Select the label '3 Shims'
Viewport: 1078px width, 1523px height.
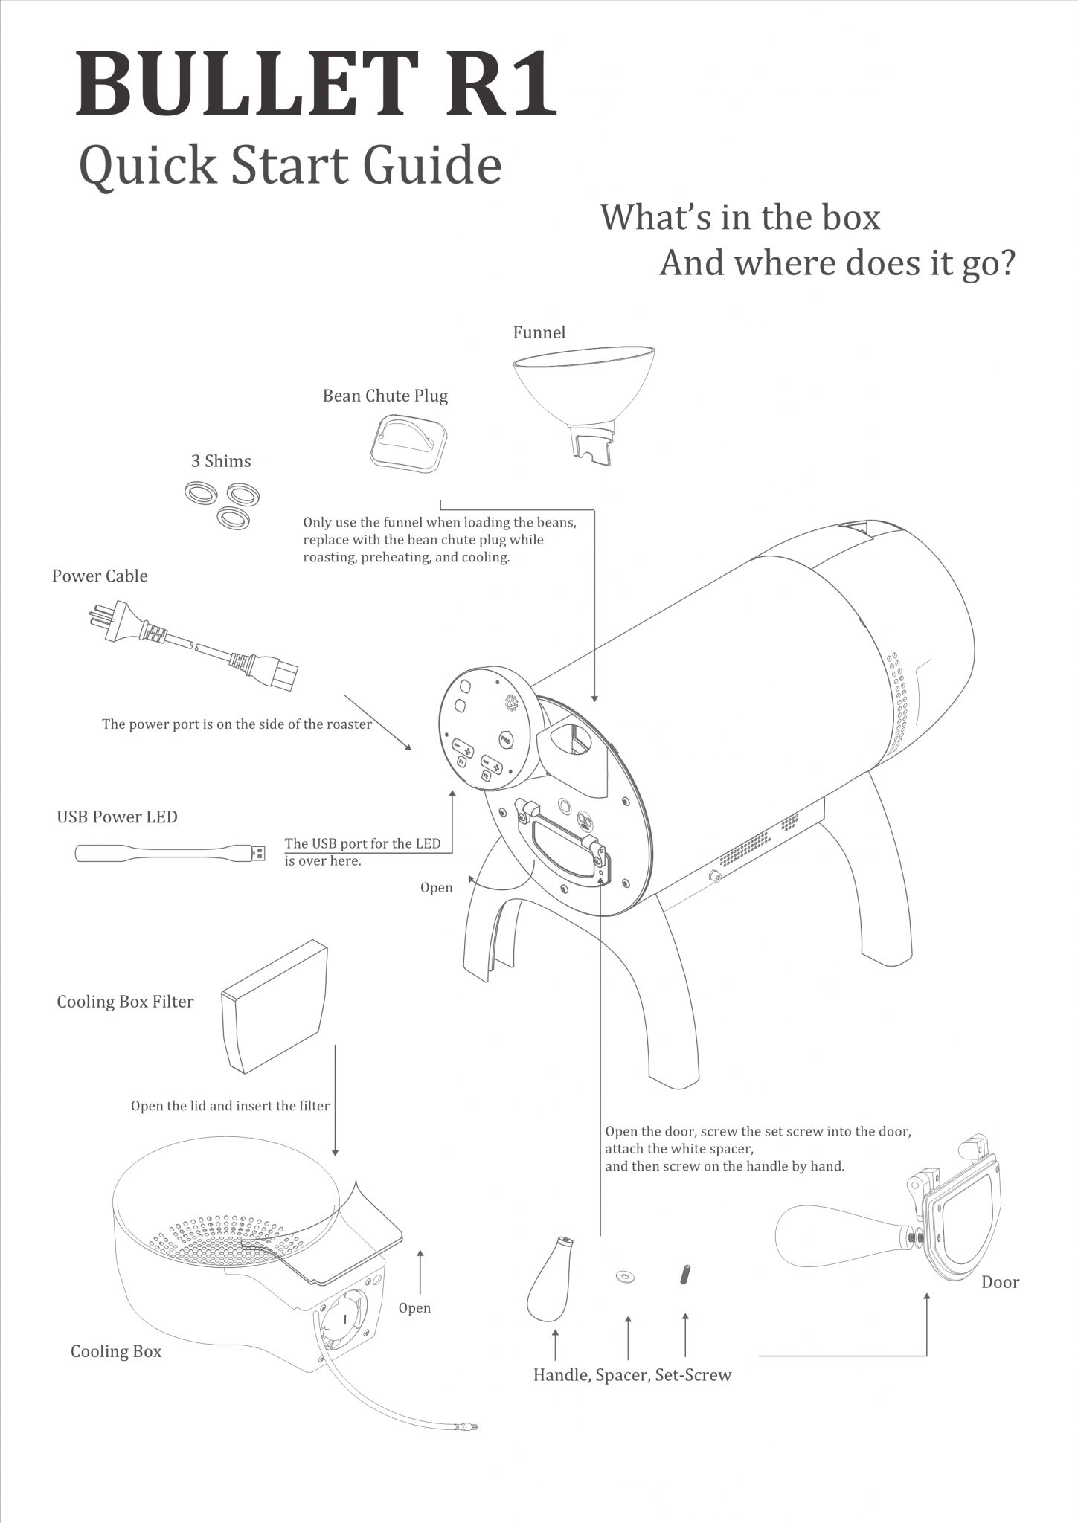(x=221, y=461)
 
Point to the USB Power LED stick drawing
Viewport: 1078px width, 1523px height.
(x=170, y=853)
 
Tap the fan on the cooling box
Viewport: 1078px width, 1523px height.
(x=344, y=1317)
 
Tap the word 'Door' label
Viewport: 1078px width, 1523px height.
(x=1000, y=1282)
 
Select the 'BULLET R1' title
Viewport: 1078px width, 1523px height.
(x=316, y=85)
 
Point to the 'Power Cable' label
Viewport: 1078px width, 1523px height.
(x=100, y=576)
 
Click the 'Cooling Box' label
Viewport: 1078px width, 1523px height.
(x=116, y=1351)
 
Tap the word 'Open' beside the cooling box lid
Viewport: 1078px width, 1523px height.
(x=414, y=1307)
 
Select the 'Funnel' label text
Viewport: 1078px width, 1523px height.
(x=539, y=332)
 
